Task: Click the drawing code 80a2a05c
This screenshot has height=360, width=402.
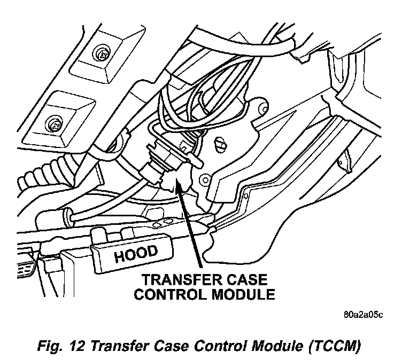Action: [x=364, y=314]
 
